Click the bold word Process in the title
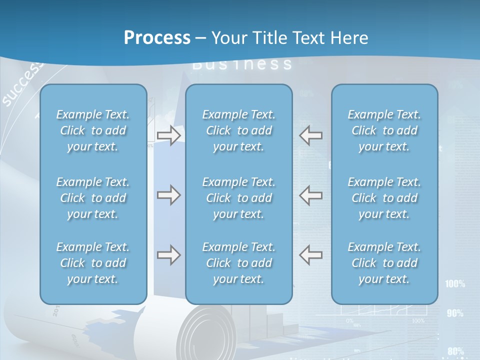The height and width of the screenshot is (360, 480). (157, 38)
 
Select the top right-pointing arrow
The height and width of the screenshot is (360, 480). (168, 135)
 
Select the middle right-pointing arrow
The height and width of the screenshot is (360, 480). (168, 195)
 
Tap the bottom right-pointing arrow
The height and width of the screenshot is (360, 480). (168, 255)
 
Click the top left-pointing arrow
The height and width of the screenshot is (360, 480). (311, 135)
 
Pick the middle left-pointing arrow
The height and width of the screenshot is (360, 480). (311, 195)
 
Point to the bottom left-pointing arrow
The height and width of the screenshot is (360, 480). (311, 255)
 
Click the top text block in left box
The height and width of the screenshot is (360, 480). (93, 130)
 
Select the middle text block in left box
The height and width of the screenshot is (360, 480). (93, 198)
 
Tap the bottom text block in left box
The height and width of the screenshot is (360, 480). (93, 263)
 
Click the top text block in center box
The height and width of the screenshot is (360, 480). (238, 130)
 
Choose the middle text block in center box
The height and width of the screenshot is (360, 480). (238, 198)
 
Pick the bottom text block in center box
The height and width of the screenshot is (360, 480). (238, 263)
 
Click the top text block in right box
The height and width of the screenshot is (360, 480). (384, 130)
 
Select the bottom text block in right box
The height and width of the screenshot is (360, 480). (384, 263)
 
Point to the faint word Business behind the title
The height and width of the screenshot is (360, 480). (242, 64)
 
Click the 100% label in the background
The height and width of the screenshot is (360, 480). (454, 284)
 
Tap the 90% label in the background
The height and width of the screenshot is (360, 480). (455, 313)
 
